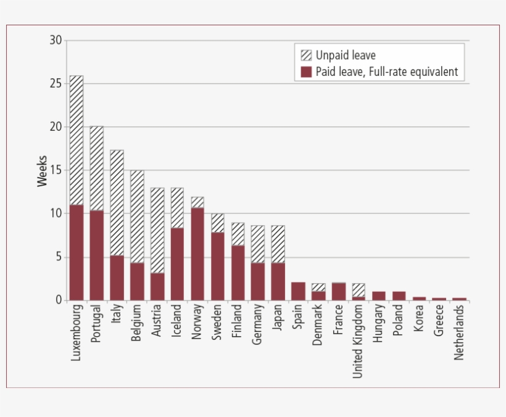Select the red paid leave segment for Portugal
point(97,255)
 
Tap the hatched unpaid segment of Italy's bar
point(117,203)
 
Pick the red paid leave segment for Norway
point(197,254)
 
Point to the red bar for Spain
point(297,291)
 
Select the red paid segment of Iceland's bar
point(177,264)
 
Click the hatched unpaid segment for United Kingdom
point(358,290)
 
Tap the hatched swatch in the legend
point(306,56)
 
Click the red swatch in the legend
point(306,72)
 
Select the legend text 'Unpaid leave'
point(346,56)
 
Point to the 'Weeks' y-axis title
point(42,171)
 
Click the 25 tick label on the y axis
point(56,84)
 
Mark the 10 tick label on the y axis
point(56,213)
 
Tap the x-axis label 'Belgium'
point(137,324)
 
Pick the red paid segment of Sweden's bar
point(217,266)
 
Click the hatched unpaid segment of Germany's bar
point(257,244)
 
